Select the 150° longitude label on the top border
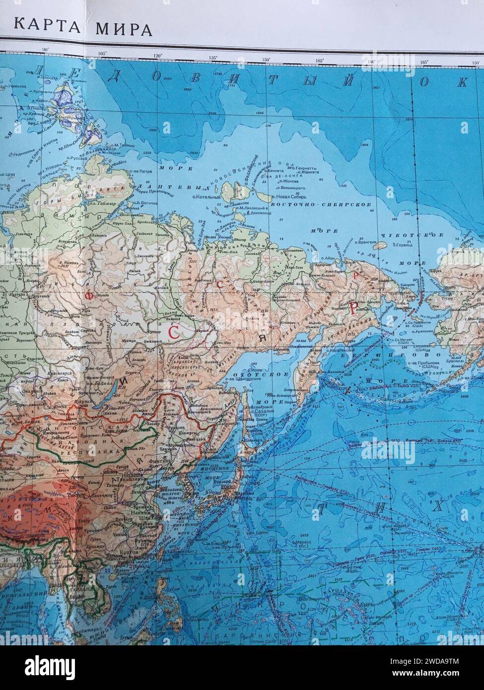[x=266, y=60]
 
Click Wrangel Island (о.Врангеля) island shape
[x=379, y=244]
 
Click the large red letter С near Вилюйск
[x=174, y=332]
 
